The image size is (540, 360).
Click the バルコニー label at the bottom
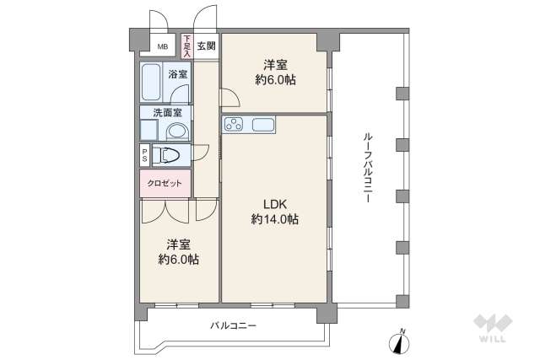coord(233,325)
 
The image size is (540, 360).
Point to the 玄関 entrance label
coord(207,46)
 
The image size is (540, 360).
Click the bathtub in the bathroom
coord(152,83)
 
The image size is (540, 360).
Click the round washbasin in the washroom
coord(177,132)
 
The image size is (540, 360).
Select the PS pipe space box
coord(145,155)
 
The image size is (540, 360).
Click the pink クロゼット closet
coord(165,182)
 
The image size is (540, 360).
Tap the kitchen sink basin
coord(263,126)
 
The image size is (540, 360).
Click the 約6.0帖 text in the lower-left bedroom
coord(179,260)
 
